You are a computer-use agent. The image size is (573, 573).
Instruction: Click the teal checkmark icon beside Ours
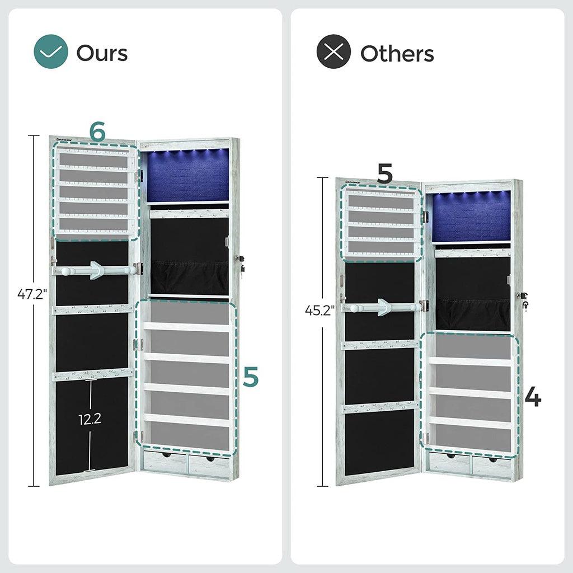pos(51,53)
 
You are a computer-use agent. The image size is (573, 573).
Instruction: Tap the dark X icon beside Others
pos(334,53)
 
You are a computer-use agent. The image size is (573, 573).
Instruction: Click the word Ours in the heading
pos(102,53)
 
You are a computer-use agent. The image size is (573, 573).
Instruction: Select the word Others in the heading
pos(397,53)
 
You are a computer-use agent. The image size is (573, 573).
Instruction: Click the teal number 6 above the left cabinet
pos(97,132)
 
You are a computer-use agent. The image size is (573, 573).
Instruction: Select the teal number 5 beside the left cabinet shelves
pos(251,377)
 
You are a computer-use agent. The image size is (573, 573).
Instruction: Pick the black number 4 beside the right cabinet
pos(533,397)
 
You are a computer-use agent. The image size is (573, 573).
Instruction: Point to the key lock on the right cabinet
pos(525,300)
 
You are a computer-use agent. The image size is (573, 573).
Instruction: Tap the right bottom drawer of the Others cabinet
pos(491,464)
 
